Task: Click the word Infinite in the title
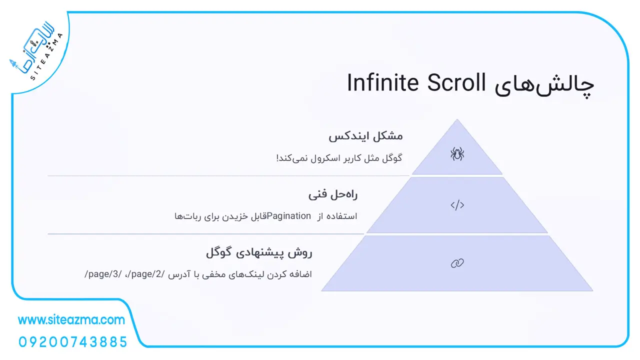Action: [383, 82]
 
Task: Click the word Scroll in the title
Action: [456, 82]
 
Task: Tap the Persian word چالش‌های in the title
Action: [544, 85]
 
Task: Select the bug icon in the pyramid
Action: [457, 153]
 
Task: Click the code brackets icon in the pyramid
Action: [457, 205]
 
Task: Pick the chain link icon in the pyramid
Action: [457, 263]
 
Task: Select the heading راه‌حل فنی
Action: [333, 195]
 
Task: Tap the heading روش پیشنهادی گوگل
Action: [259, 253]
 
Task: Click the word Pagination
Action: [288, 216]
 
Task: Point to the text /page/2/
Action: [147, 274]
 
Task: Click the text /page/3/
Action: [103, 274]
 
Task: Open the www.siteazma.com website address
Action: [71, 319]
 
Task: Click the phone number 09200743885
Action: [73, 342]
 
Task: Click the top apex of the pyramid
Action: [457, 119]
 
